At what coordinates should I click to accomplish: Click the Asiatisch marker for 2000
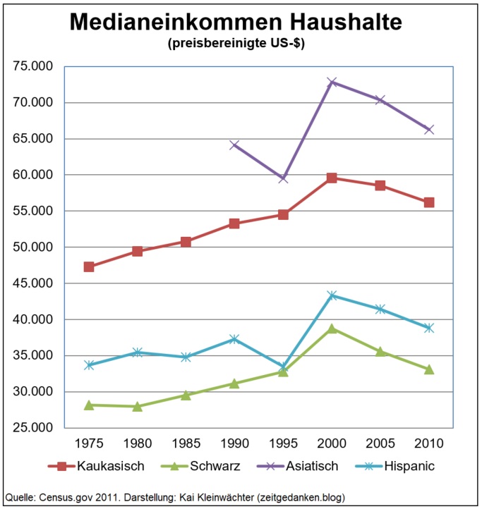pyautogui.click(x=332, y=82)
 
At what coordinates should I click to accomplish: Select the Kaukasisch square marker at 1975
pyautogui.click(x=89, y=267)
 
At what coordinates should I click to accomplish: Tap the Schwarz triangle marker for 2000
pyautogui.click(x=332, y=329)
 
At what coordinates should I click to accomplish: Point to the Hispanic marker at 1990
pyautogui.click(x=234, y=339)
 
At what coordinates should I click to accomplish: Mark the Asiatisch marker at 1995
pyautogui.click(x=283, y=178)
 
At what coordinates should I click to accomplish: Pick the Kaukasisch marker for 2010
pyautogui.click(x=429, y=202)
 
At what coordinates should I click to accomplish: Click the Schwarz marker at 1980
pyautogui.click(x=137, y=406)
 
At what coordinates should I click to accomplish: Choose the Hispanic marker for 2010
pyautogui.click(x=429, y=328)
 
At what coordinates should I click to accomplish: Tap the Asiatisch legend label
pyautogui.click(x=312, y=466)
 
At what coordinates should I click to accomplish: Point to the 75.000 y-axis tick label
pyautogui.click(x=34, y=66)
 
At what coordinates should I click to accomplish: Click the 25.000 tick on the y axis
pyautogui.click(x=34, y=428)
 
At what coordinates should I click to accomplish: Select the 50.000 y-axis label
pyautogui.click(x=34, y=247)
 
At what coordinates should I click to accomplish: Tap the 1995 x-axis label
pyautogui.click(x=283, y=444)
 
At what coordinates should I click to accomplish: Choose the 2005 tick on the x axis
pyautogui.click(x=380, y=444)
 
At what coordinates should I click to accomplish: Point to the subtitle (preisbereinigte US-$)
pyautogui.click(x=236, y=44)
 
